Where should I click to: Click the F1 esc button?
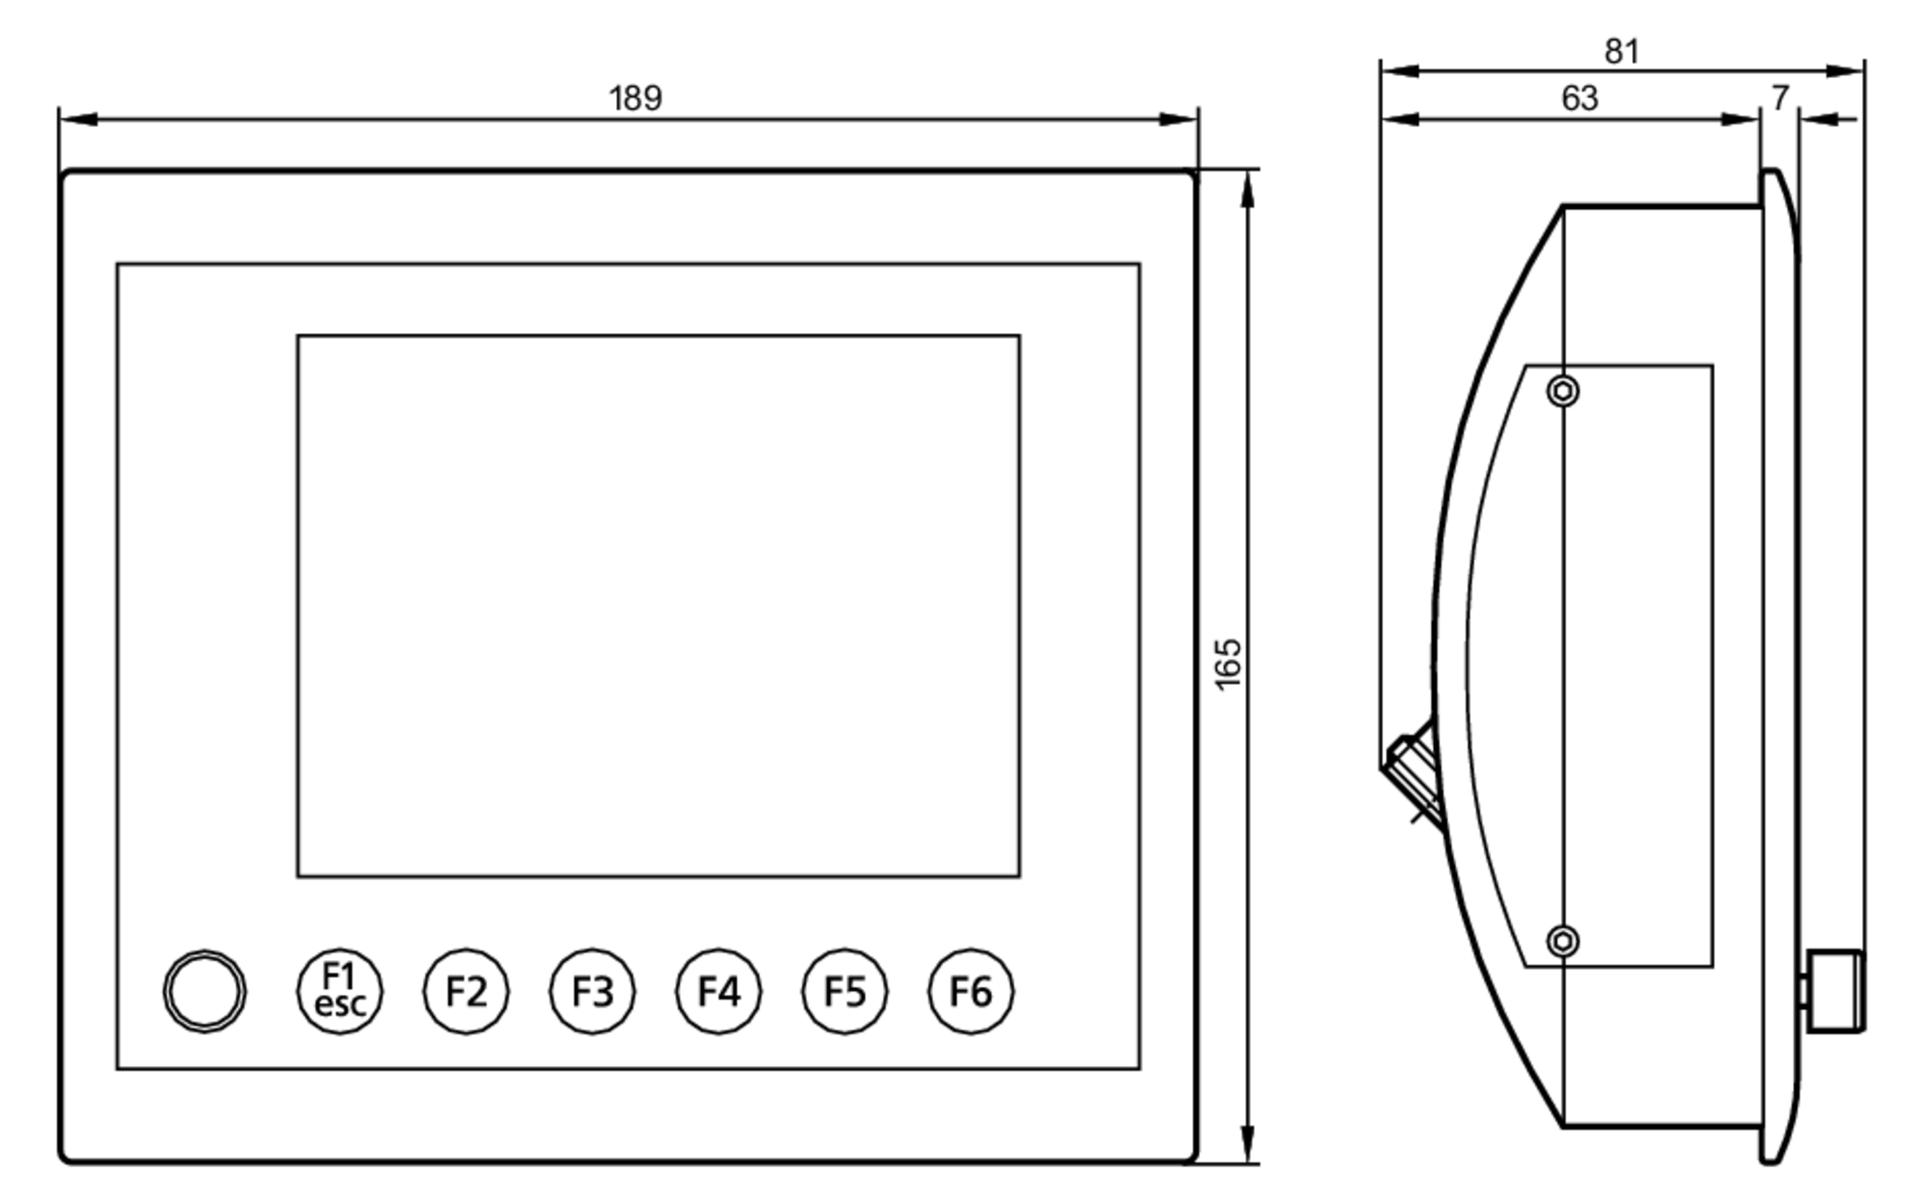click(339, 991)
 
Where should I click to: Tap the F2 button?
click(466, 991)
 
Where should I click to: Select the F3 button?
click(592, 991)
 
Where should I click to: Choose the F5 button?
click(845, 991)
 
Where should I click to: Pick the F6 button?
click(971, 991)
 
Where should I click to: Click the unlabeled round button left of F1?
click(204, 991)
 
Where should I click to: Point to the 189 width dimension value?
click(636, 98)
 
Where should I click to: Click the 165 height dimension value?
click(1228, 663)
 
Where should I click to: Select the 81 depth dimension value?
click(1622, 51)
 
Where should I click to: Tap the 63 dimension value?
click(1579, 98)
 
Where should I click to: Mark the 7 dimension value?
click(1780, 98)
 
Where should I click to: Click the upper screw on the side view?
click(1563, 391)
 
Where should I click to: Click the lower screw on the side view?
click(1563, 941)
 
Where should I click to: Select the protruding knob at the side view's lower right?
click(1835, 991)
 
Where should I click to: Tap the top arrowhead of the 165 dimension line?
click(1248, 189)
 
